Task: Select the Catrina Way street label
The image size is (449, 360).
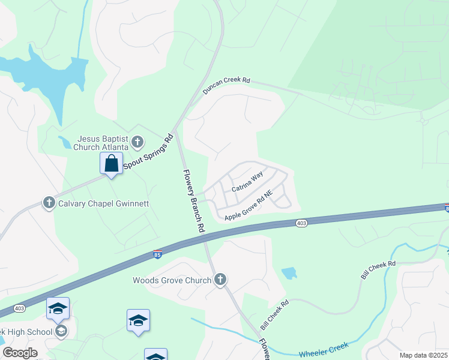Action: (247, 181)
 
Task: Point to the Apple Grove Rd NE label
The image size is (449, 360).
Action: (249, 205)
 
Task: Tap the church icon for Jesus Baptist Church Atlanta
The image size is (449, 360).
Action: (137, 142)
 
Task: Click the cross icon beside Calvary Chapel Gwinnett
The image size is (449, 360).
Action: (49, 203)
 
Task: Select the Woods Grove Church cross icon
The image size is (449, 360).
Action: (220, 280)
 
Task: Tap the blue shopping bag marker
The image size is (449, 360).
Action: (112, 163)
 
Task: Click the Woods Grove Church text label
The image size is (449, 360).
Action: (172, 280)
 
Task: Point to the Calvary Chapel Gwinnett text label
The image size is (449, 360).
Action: (103, 203)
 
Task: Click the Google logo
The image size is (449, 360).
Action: (20, 353)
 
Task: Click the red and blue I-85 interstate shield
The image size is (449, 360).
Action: (157, 254)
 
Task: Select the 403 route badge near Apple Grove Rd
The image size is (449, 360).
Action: (301, 223)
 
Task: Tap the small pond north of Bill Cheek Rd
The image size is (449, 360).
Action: (289, 273)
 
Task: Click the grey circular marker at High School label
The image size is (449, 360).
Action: (60, 332)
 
